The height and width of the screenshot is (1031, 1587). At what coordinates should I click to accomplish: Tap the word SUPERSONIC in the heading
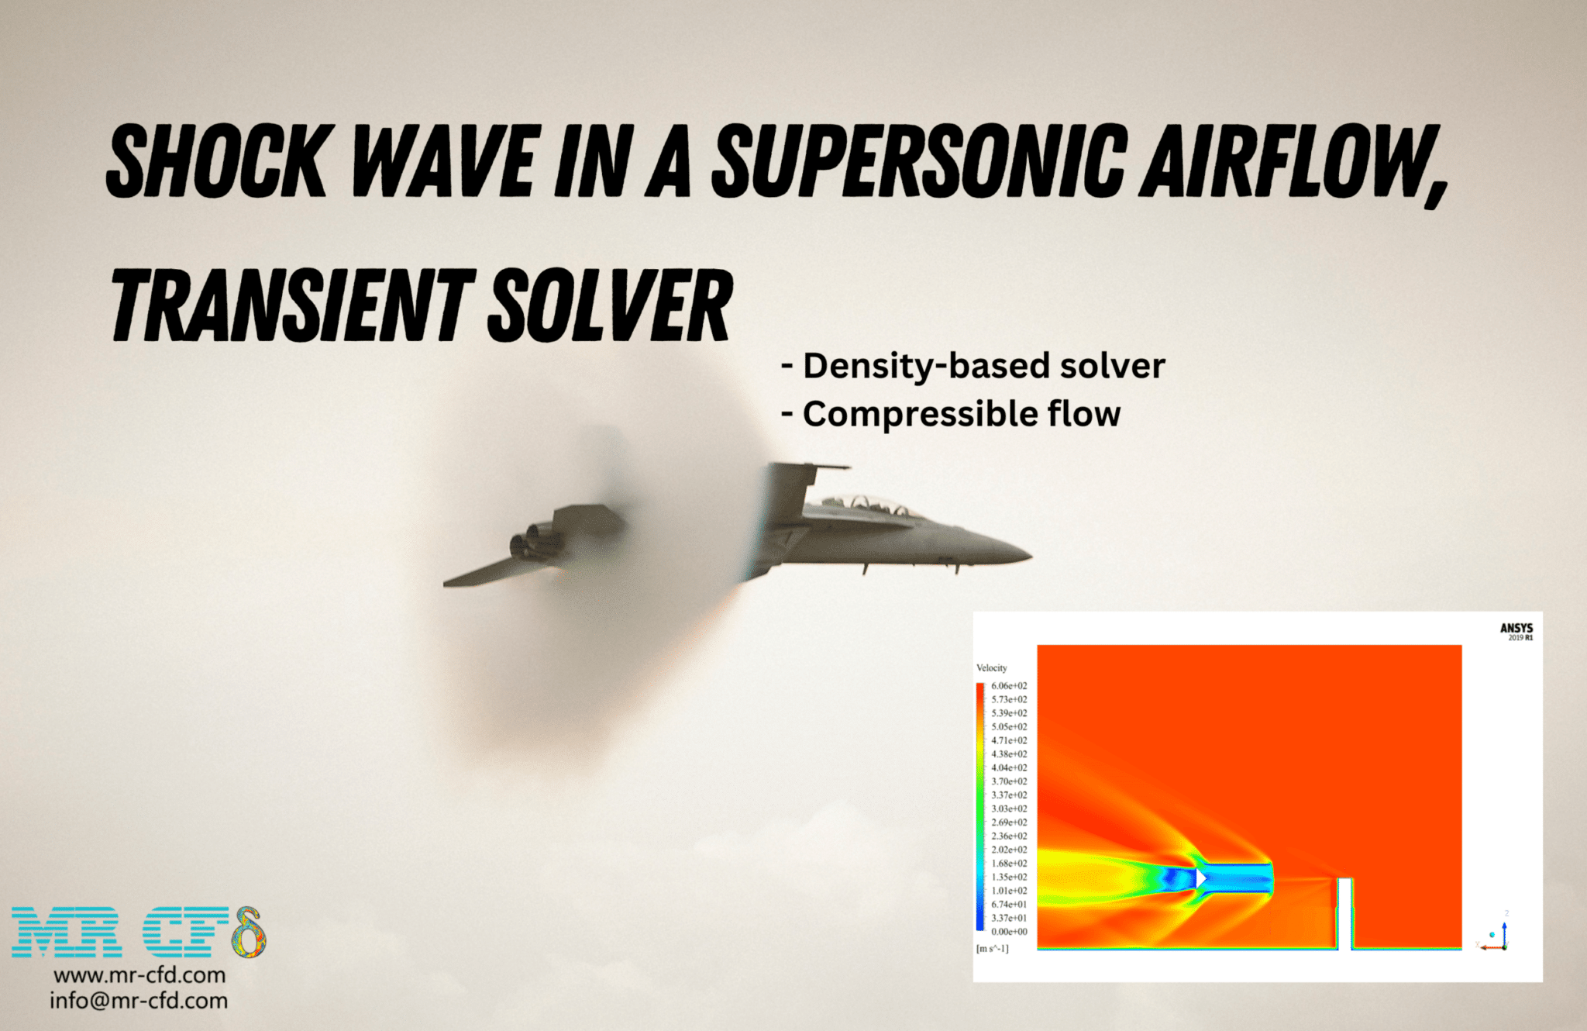919,160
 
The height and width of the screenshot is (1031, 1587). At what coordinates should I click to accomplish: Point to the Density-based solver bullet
973,366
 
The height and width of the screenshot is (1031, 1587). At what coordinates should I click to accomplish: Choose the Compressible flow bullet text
951,414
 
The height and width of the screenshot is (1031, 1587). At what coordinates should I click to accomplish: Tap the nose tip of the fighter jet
1031,554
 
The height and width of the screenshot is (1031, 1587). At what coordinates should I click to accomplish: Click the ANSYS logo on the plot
1516,631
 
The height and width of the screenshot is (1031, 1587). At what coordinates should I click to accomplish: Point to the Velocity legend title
991,667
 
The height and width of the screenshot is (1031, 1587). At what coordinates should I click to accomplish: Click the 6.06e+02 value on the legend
1009,685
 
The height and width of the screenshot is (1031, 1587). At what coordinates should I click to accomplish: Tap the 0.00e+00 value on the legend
1009,931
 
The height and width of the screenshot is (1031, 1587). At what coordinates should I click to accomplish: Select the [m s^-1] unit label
992,948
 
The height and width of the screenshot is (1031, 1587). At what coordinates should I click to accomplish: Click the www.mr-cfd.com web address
139,974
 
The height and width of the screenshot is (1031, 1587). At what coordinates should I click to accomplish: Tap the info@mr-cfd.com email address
139,1000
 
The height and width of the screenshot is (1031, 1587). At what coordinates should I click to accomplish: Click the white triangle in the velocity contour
1201,878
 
